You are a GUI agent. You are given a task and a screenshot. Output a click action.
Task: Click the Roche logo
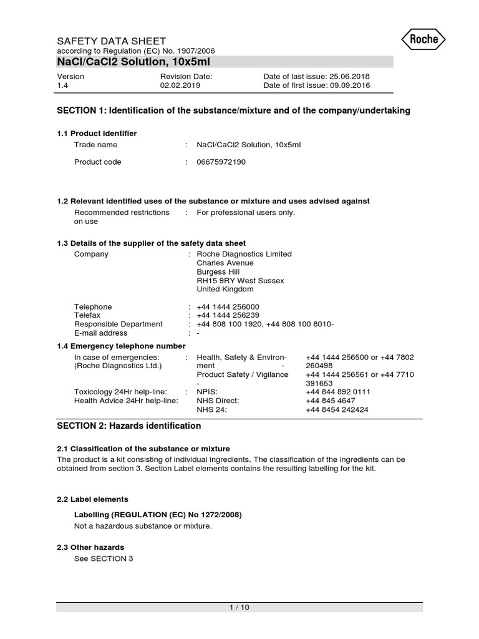point(428,40)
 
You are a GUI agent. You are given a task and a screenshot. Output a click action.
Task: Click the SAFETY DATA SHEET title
point(112,41)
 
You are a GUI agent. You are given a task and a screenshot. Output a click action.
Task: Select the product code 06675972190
point(221,162)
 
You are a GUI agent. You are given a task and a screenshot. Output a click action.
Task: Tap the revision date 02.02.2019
point(180,86)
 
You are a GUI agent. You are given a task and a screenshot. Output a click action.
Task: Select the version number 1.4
point(62,86)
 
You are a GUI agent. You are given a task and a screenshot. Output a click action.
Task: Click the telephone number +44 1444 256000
point(228,307)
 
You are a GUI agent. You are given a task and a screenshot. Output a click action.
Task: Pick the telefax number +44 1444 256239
point(228,316)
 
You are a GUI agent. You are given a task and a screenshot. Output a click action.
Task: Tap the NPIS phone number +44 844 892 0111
point(337,392)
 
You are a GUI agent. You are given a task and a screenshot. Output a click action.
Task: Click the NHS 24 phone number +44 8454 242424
point(337,409)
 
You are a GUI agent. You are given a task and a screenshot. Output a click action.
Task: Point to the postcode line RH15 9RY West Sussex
point(240,281)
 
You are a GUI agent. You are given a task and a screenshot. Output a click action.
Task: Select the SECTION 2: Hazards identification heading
point(129,426)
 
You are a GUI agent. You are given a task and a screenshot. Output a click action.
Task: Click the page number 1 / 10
point(239,607)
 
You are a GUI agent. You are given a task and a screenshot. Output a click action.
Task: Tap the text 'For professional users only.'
point(246,213)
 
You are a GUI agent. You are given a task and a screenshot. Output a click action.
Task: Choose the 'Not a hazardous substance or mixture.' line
point(143,526)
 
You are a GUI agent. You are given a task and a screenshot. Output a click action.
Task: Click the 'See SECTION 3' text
point(104,559)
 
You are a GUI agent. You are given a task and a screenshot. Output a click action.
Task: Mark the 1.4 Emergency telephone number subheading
point(121,346)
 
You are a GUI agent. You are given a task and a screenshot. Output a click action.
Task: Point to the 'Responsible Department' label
point(119,324)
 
